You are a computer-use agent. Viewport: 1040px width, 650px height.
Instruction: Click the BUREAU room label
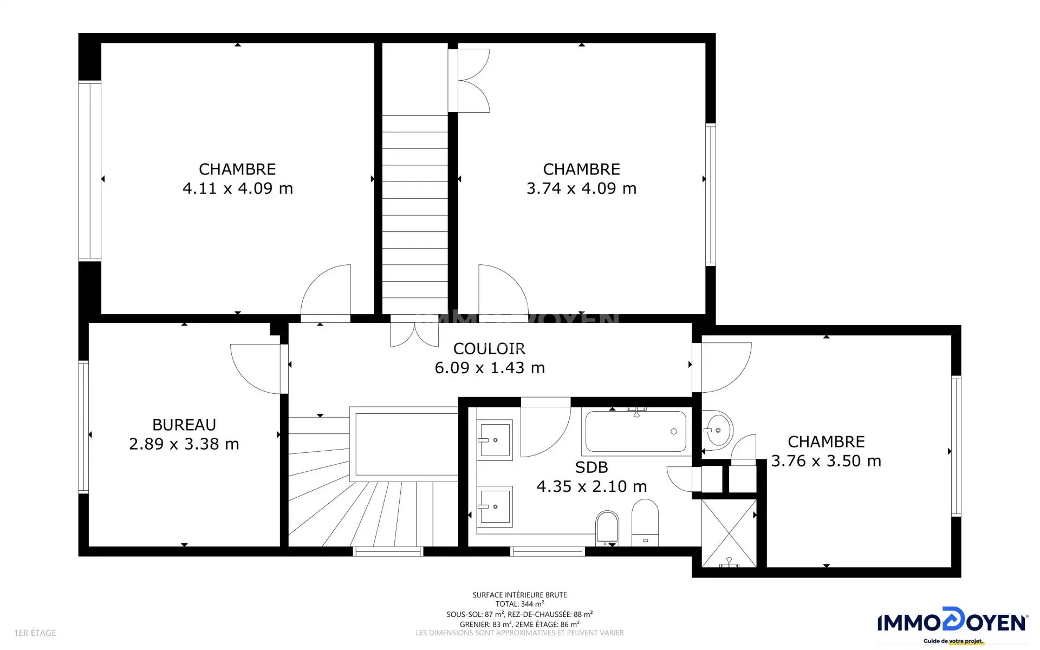(x=184, y=425)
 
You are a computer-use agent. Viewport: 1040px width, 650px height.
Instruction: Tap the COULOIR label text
(x=489, y=348)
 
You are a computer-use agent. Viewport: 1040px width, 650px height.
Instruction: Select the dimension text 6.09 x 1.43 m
(x=490, y=368)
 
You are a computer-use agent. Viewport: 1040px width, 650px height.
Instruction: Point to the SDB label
(x=591, y=467)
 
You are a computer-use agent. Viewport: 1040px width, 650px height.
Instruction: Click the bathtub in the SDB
(x=636, y=432)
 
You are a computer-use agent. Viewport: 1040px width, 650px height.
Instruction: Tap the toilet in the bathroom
(x=607, y=528)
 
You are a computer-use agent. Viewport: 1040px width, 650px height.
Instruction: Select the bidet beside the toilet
(x=645, y=523)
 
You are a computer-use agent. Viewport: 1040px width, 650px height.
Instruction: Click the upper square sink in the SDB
(x=495, y=440)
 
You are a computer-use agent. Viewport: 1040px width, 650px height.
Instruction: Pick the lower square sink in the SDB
(x=495, y=506)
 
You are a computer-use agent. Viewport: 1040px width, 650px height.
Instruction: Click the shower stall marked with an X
(x=729, y=534)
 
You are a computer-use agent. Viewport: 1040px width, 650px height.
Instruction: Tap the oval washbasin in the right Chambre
(x=718, y=430)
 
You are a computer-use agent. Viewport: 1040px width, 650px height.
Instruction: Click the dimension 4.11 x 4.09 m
(x=238, y=188)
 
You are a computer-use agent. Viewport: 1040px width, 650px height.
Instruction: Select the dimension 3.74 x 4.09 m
(x=582, y=188)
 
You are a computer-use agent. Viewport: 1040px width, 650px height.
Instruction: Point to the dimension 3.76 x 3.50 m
(x=826, y=461)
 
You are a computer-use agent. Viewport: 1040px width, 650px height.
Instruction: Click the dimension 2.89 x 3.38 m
(x=184, y=444)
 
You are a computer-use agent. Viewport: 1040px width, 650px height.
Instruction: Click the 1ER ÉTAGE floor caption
(x=35, y=633)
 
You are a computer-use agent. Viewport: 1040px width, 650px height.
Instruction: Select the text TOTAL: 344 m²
(x=520, y=604)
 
